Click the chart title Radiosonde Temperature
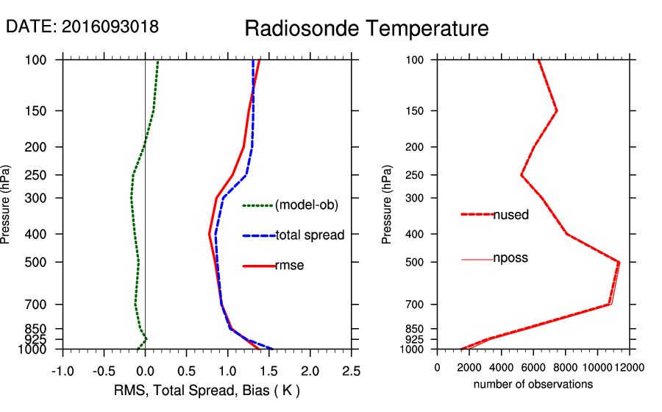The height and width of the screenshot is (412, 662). (x=366, y=29)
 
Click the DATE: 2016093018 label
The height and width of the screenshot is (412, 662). (x=82, y=26)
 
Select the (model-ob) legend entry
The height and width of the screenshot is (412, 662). (x=306, y=205)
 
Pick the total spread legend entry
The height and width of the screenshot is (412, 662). (x=310, y=235)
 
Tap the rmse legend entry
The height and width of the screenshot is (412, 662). (x=289, y=266)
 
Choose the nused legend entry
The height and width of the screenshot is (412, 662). (x=510, y=215)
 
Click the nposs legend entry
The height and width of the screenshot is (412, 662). (x=510, y=258)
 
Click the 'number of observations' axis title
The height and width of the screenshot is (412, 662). (x=533, y=384)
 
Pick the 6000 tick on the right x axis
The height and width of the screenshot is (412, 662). (x=533, y=367)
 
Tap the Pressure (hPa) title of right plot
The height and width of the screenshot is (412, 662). (x=387, y=205)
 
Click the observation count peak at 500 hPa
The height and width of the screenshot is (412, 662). (x=619, y=262)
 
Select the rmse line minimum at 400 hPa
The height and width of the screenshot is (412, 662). (x=210, y=234)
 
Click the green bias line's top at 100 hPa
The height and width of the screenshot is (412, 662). (x=158, y=62)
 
